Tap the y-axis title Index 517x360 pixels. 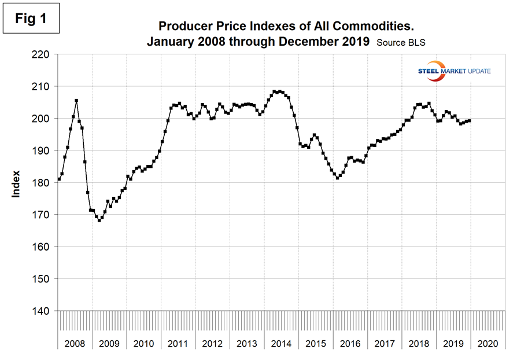click(16, 183)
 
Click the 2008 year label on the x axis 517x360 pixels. click(75, 344)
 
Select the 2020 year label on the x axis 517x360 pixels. click(487, 344)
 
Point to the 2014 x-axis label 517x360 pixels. click(281, 344)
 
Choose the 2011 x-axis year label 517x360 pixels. click(178, 344)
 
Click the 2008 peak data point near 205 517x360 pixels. click(76, 101)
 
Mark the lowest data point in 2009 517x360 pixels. click(99, 221)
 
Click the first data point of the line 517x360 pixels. click(59, 179)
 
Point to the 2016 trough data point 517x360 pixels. click(338, 178)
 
